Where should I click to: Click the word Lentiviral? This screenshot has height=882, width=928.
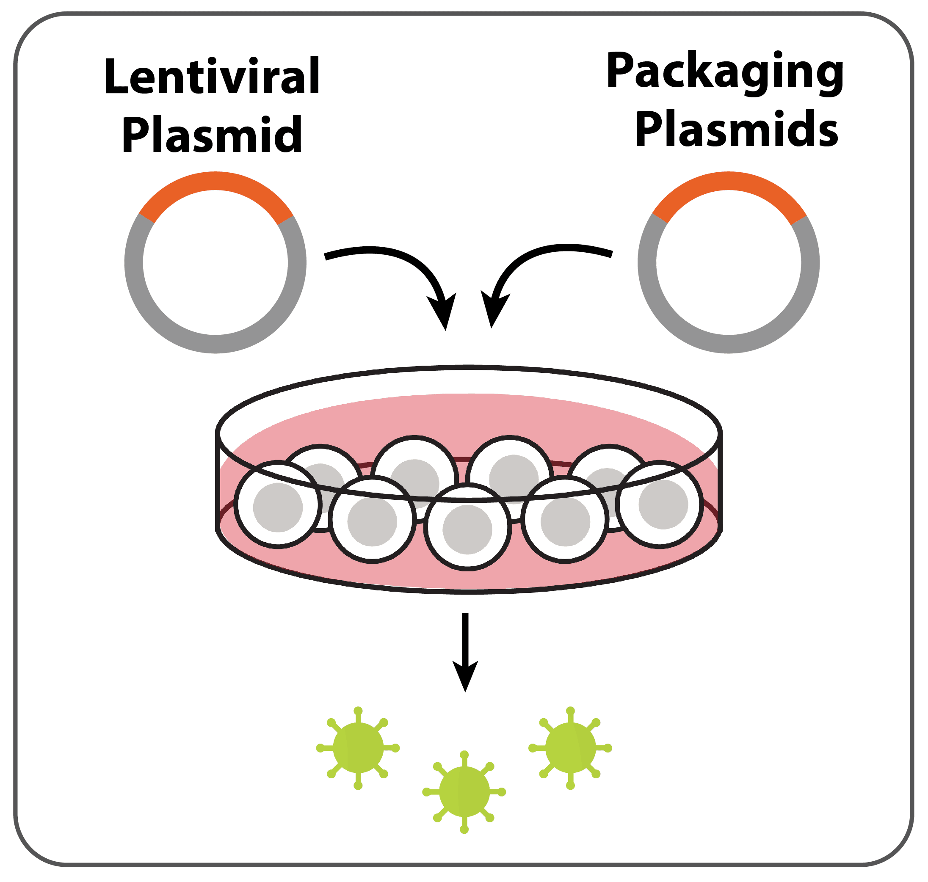click(x=212, y=76)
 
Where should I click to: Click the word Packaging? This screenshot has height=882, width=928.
click(x=725, y=73)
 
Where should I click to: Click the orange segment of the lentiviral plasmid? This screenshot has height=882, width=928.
click(x=216, y=182)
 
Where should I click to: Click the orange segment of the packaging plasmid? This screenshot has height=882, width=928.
click(x=729, y=182)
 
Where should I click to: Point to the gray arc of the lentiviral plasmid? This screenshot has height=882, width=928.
click(x=215, y=344)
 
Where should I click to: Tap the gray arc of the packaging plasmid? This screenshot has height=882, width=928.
click(x=729, y=344)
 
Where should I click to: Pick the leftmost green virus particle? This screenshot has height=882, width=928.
click(x=358, y=747)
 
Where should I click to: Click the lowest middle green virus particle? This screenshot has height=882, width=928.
click(x=464, y=792)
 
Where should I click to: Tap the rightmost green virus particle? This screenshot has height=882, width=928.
click(x=571, y=747)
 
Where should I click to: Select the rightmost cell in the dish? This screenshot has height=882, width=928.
click(x=660, y=504)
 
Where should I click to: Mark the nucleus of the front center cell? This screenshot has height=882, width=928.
click(x=467, y=530)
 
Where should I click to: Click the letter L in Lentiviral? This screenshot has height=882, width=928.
click(x=116, y=76)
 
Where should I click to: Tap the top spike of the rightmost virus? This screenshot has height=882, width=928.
click(x=571, y=715)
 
